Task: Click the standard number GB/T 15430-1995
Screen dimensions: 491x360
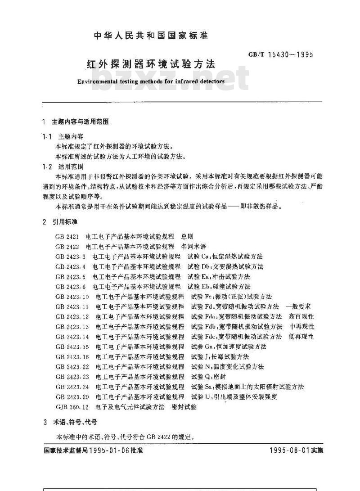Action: pos(280,55)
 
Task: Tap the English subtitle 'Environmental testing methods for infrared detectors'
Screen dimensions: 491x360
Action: pos(151,82)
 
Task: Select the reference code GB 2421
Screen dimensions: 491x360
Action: pos(67,236)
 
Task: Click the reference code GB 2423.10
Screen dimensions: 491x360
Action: pos(72,297)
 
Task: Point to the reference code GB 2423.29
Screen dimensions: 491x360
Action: pos(72,397)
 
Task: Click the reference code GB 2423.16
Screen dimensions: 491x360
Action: pos(72,356)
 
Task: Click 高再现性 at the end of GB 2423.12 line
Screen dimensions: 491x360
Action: pos(301,316)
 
